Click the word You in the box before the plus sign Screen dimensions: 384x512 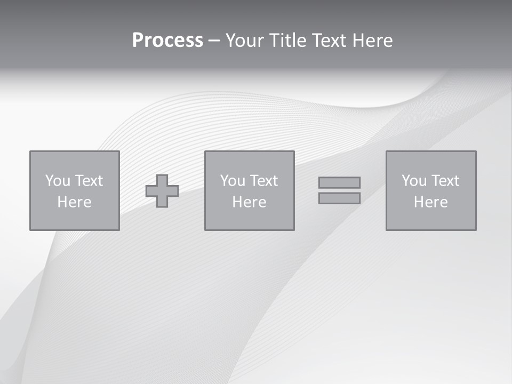coord(58,181)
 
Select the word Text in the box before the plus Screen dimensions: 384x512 coord(89,181)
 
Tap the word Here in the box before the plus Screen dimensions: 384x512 coord(74,202)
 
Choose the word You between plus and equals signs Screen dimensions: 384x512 coord(233,181)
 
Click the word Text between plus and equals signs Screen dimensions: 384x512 coord(263,181)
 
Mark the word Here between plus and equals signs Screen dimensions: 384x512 coord(249,202)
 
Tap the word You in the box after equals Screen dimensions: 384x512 coord(414,181)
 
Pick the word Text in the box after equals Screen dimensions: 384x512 coord(445,181)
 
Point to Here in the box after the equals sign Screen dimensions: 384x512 coord(430,202)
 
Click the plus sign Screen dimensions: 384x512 coord(162,191)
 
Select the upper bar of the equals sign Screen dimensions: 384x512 coord(339,182)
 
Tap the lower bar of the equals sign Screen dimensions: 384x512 coord(339,198)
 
